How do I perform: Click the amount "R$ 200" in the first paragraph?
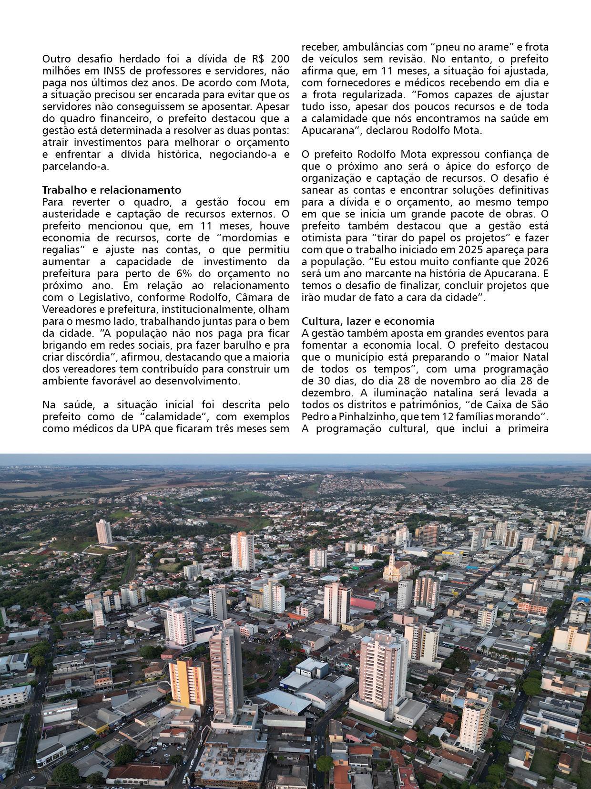(271, 59)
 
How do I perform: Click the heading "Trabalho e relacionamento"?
(112, 190)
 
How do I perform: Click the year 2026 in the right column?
(536, 261)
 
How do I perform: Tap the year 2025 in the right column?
(471, 249)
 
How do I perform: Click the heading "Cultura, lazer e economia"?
(368, 321)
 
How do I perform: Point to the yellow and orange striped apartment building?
(187, 682)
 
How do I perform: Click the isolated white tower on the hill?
(103, 531)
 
